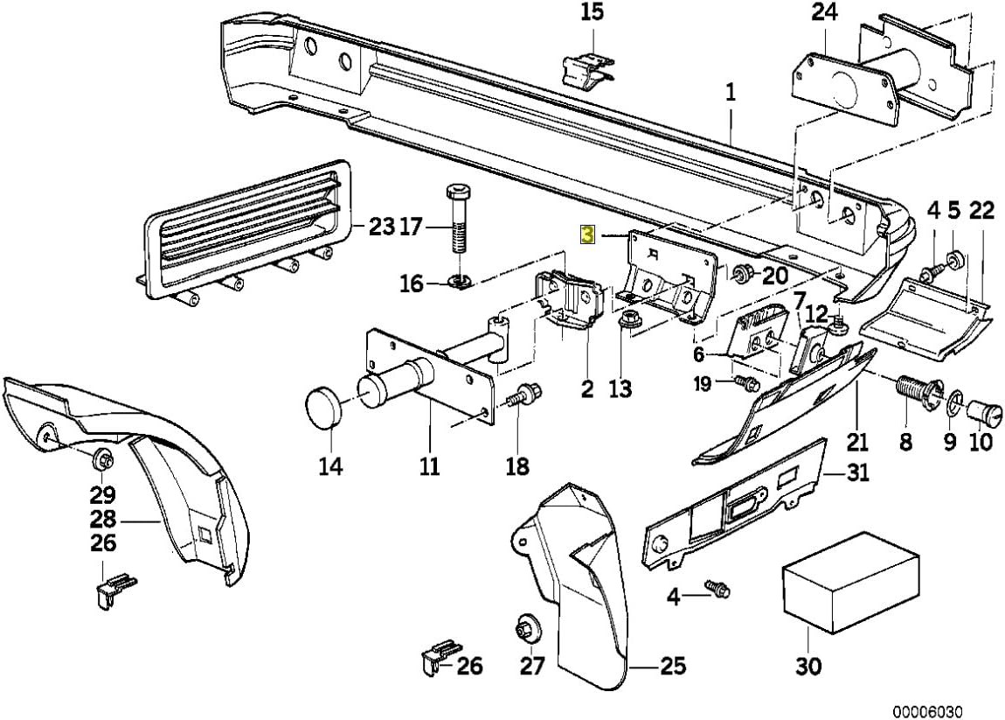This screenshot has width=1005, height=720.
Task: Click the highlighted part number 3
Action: pyautogui.click(x=588, y=235)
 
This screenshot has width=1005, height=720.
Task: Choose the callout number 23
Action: pyautogui.click(x=381, y=228)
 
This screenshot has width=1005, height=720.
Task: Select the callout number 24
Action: pyautogui.click(x=824, y=13)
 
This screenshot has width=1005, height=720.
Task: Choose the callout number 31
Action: pyautogui.click(x=859, y=474)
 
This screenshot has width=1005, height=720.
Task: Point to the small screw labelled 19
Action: pyautogui.click(x=745, y=383)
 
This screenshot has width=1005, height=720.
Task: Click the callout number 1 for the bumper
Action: pyautogui.click(x=731, y=91)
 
